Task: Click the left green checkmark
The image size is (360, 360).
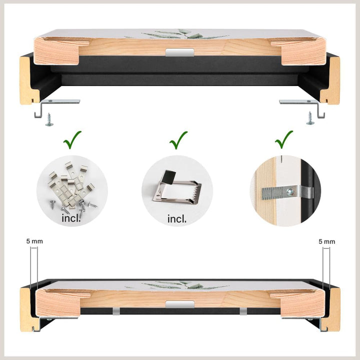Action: click(71, 140)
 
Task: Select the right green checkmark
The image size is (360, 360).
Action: click(283, 140)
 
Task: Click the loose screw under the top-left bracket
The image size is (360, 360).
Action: click(49, 119)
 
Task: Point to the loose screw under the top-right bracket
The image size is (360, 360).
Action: click(310, 118)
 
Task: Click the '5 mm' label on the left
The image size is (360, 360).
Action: click(34, 241)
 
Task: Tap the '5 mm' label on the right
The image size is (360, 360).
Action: click(326, 241)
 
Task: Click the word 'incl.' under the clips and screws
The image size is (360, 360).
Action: click(71, 218)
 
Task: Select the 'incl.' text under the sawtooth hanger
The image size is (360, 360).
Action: click(177, 219)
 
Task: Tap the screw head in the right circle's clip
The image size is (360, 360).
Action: click(290, 191)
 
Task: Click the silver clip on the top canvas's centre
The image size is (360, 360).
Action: click(180, 52)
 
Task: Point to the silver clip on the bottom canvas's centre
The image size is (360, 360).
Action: click(180, 304)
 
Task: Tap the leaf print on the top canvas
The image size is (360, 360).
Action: click(183, 34)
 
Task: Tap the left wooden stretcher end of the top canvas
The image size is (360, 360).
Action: click(56, 51)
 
